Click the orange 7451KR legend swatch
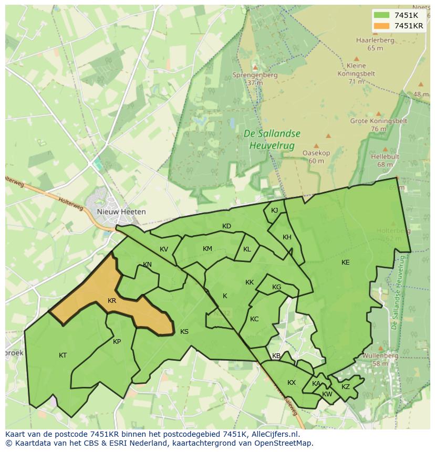[x=382, y=26]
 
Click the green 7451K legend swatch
[x=382, y=15]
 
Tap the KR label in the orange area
[x=111, y=301]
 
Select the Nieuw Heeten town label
[x=121, y=212]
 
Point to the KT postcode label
[x=63, y=355]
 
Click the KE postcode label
[x=345, y=262]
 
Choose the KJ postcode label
[x=274, y=211]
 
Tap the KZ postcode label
[x=345, y=387]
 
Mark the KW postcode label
[x=327, y=394]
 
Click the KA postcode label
[x=316, y=384]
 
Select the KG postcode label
[x=276, y=287]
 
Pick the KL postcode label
[x=247, y=249]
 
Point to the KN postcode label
[x=147, y=265]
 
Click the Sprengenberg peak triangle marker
[x=255, y=67]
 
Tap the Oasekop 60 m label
[x=316, y=157]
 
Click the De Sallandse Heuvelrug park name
[x=272, y=139]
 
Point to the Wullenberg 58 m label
[x=380, y=360]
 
